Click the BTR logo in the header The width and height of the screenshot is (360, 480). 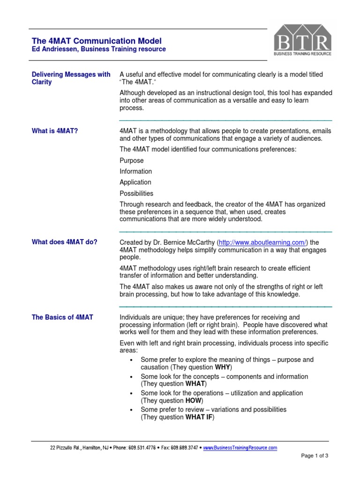(303, 40)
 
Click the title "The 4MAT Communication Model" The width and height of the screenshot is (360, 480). (97, 41)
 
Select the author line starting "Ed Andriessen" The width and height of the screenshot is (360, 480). (98, 49)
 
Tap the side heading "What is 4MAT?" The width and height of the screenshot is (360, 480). (55, 131)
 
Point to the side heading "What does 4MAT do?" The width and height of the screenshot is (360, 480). (65, 242)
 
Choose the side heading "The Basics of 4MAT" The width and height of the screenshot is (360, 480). (62, 317)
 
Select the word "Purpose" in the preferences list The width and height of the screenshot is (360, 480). (132, 160)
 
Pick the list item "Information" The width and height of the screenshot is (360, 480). (136, 172)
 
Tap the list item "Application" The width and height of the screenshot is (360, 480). (135, 182)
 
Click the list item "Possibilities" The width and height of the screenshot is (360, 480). (136, 193)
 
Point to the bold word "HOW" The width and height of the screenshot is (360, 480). (194, 401)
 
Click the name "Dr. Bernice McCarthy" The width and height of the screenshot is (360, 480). (185, 242)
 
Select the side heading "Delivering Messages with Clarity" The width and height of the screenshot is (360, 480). (71, 78)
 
